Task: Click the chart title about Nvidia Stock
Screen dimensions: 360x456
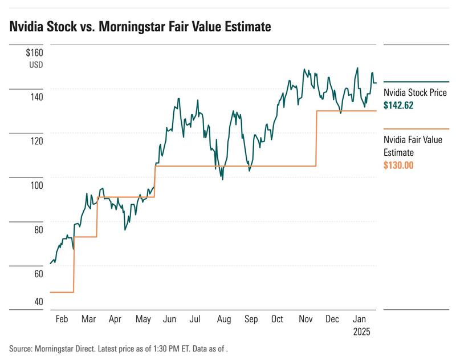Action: [x=140, y=26]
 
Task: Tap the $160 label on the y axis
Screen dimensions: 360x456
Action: [x=35, y=53]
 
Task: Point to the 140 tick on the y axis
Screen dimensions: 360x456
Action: [x=36, y=97]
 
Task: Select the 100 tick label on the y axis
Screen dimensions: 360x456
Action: [x=36, y=185]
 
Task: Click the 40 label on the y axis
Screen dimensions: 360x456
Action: [x=38, y=301]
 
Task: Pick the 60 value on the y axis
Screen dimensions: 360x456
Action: [x=38, y=274]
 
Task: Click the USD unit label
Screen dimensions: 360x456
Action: [x=36, y=64]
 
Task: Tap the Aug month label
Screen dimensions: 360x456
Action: [x=223, y=319]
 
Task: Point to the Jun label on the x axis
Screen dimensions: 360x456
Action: [x=169, y=319]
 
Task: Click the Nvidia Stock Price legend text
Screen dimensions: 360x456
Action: [x=415, y=93]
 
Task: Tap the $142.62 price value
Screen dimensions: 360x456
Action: [x=399, y=105]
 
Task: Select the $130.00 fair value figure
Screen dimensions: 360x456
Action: [x=398, y=165]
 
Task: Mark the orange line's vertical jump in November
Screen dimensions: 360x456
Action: [x=316, y=138]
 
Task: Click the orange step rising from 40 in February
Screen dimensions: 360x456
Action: [x=74, y=264]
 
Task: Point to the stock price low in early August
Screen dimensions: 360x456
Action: [x=222, y=179]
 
